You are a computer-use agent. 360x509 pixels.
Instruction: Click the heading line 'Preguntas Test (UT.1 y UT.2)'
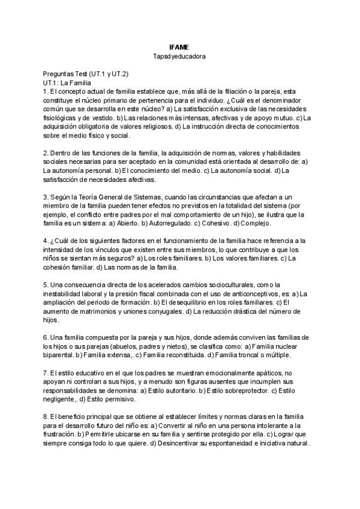(85, 74)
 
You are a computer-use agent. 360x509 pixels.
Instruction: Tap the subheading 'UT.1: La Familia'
(66, 82)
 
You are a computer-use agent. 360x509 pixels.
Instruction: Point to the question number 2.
(45, 153)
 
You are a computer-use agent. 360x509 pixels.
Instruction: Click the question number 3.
(45, 197)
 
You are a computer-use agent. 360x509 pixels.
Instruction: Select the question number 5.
(45, 285)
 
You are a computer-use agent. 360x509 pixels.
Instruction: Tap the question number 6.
(45, 337)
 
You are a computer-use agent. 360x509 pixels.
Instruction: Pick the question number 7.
(45, 373)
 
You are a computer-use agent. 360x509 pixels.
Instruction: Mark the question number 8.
(45, 417)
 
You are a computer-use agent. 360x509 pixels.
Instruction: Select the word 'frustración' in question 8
(60, 435)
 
